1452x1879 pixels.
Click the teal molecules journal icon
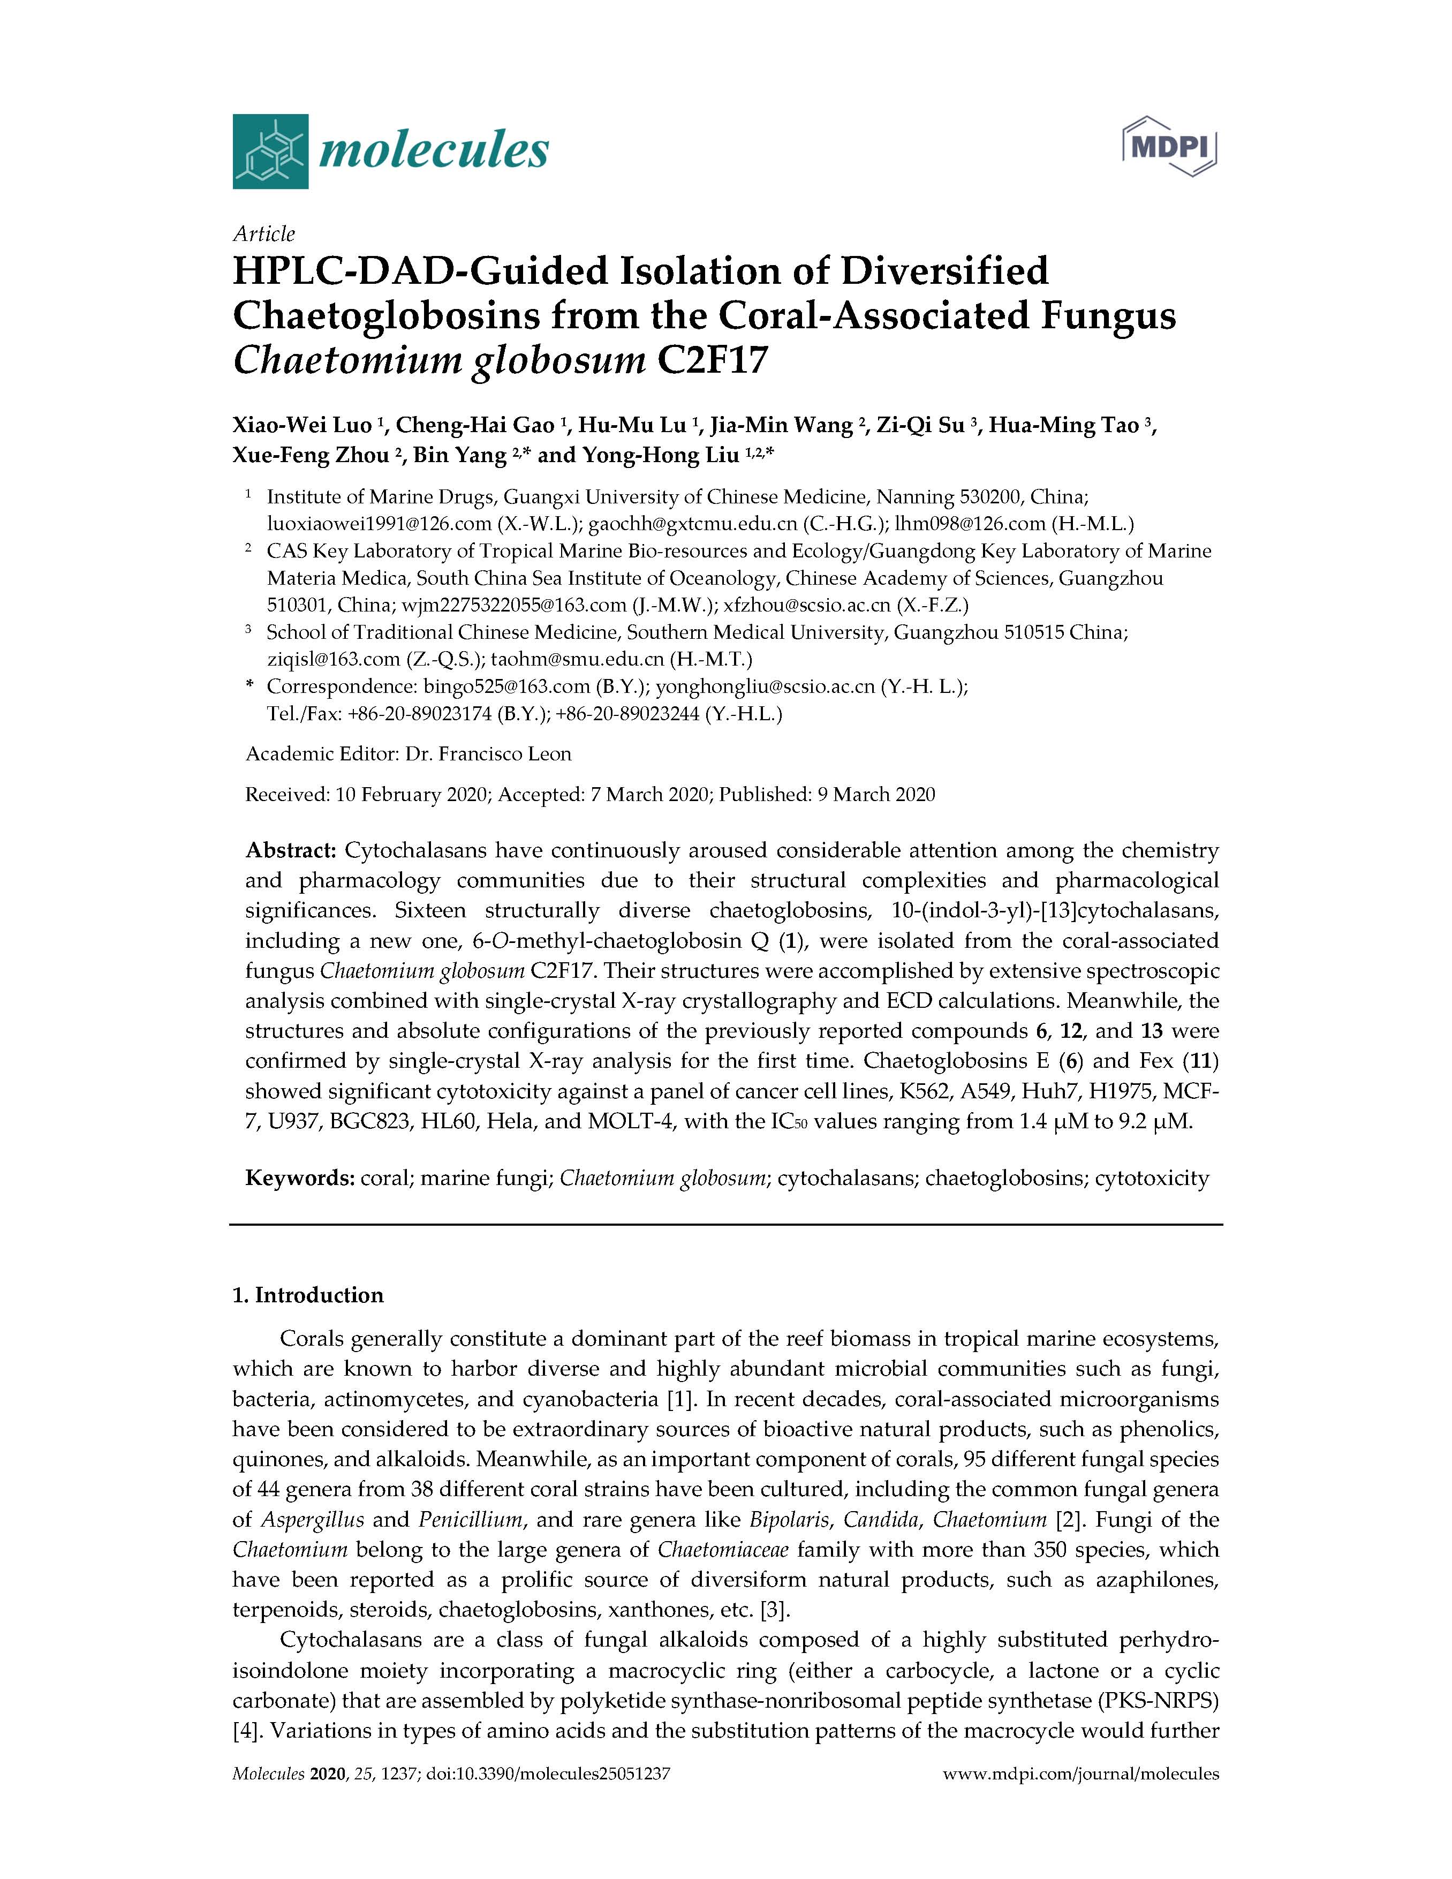pos(269,152)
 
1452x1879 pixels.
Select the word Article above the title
pos(263,234)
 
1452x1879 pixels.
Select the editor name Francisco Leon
pos(505,753)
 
